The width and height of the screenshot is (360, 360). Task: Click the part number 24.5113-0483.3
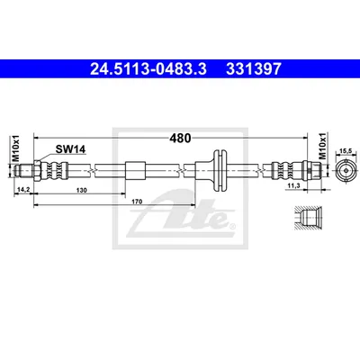[148, 68]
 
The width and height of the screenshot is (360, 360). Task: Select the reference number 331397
[254, 68]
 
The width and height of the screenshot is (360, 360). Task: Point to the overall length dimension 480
[180, 139]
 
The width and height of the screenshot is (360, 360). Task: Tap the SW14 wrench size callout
[70, 149]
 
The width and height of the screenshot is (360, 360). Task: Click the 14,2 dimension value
[22, 190]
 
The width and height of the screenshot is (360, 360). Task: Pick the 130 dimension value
[82, 190]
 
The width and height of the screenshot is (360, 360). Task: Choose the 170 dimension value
[137, 202]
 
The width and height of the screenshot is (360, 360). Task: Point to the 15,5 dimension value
[346, 152]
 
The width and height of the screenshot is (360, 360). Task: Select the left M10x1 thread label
[16, 148]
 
